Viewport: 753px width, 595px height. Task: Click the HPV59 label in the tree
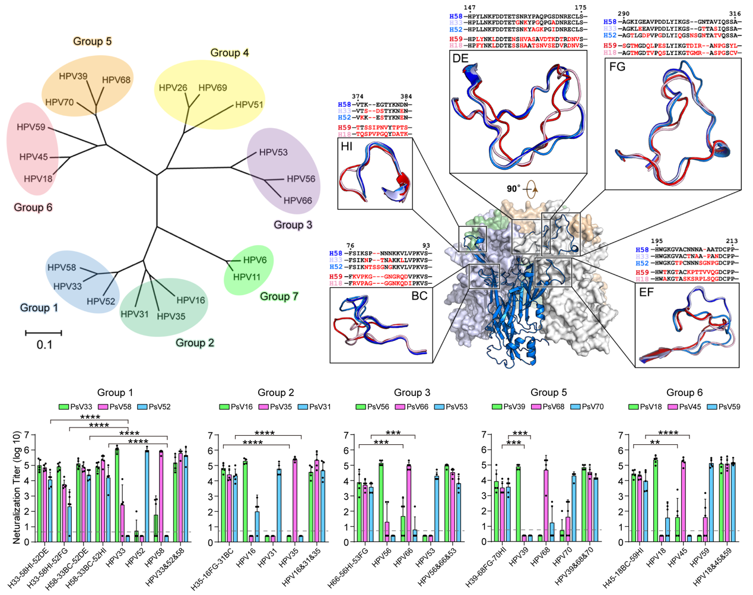coord(31,127)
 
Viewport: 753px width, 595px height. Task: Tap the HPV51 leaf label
coord(249,105)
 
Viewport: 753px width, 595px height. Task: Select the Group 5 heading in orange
coord(92,42)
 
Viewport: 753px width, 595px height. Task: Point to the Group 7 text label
coord(279,296)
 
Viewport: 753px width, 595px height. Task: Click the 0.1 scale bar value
coord(44,345)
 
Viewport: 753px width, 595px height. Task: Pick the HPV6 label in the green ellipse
coord(255,260)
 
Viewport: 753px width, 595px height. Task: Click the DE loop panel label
coord(460,58)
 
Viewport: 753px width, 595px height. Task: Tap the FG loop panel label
coord(617,67)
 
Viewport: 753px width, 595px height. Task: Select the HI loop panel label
coord(347,146)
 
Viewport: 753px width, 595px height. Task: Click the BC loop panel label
coord(419,296)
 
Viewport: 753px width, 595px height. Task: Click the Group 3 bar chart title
coord(412,393)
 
